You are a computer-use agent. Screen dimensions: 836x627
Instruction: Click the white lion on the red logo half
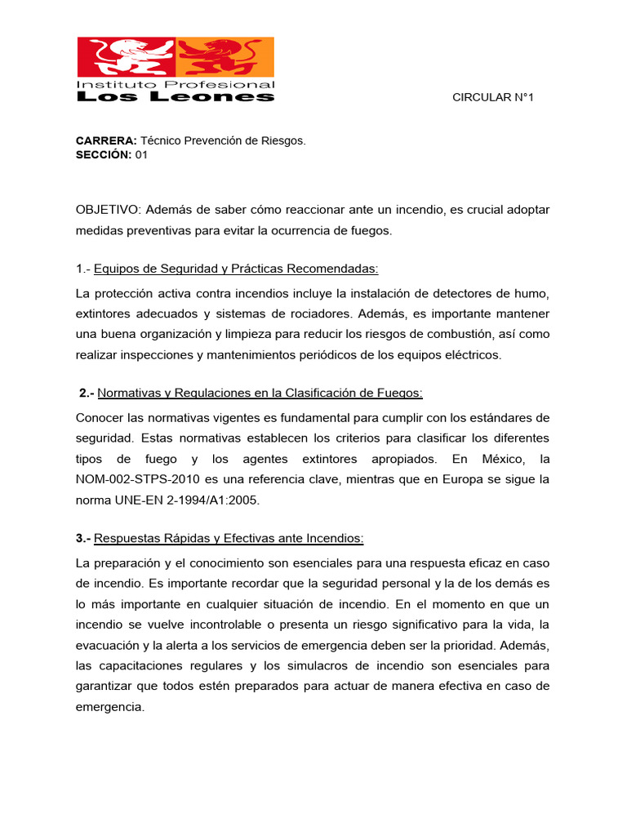pyautogui.click(x=127, y=58)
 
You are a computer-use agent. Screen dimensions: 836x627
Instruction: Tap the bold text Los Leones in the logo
pyautogui.click(x=175, y=97)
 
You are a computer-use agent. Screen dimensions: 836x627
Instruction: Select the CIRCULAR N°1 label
pyautogui.click(x=492, y=98)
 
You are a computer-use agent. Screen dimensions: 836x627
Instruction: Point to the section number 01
pyautogui.click(x=141, y=155)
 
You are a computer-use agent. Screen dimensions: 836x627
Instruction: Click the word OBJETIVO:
pyautogui.click(x=109, y=210)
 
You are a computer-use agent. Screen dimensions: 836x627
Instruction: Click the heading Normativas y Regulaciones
pyautogui.click(x=260, y=394)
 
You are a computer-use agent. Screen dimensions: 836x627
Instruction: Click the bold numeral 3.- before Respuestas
pyautogui.click(x=83, y=538)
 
